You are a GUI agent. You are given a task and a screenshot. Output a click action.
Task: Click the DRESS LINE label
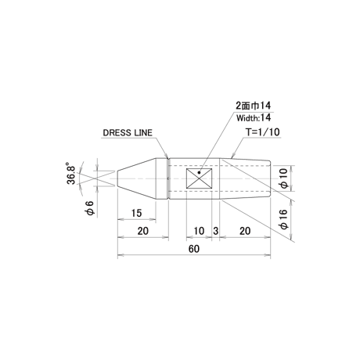(128, 133)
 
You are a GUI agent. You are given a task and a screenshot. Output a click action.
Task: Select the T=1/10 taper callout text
(263, 132)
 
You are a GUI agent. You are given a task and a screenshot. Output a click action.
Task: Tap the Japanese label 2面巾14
(254, 106)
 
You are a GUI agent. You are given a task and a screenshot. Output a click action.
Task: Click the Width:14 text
(254, 117)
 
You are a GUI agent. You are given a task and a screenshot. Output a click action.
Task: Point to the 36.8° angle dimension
(71, 173)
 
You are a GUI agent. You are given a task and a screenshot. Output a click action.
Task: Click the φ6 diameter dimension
(90, 208)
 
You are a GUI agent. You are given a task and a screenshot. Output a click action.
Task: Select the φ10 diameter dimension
(284, 178)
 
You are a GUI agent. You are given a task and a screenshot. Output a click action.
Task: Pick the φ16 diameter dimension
(284, 219)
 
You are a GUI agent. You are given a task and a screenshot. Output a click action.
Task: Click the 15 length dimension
(136, 213)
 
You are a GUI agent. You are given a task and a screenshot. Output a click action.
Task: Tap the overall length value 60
(194, 249)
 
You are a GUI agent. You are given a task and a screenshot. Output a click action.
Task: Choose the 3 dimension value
(215, 231)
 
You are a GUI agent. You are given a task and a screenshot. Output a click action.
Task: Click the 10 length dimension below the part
(199, 231)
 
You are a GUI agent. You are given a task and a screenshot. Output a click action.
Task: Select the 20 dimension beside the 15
(143, 231)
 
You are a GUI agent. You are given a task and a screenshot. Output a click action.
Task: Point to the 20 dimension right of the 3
(245, 231)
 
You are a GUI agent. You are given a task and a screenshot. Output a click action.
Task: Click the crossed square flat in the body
(199, 178)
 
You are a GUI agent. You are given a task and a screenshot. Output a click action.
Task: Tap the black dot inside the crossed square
(199, 172)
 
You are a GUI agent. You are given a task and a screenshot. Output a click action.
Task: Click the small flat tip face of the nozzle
(117, 178)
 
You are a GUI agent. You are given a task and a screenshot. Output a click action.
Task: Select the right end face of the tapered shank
(271, 178)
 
